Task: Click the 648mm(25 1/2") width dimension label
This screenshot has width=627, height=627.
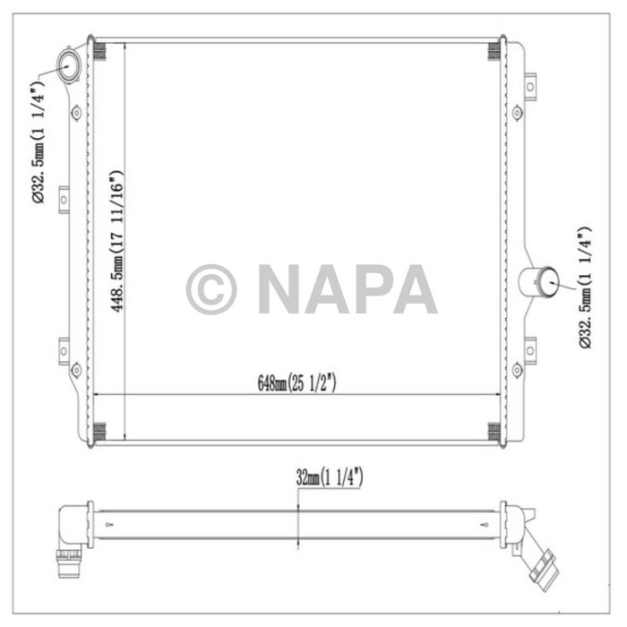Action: pyautogui.click(x=296, y=383)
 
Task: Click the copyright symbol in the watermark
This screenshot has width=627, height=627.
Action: pyautogui.click(x=211, y=289)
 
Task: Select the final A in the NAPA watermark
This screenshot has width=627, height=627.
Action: pyautogui.click(x=414, y=289)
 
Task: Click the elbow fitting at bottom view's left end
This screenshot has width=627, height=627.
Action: pyautogui.click(x=71, y=534)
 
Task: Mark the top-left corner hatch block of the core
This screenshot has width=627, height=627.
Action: pyautogui.click(x=100, y=52)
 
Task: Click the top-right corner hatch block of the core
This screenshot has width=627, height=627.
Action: pyautogui.click(x=494, y=52)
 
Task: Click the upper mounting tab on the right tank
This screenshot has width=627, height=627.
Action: pyautogui.click(x=529, y=86)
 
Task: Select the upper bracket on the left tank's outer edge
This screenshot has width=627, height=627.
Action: pyautogui.click(x=64, y=200)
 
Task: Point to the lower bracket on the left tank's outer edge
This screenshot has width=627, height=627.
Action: pyautogui.click(x=64, y=347)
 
